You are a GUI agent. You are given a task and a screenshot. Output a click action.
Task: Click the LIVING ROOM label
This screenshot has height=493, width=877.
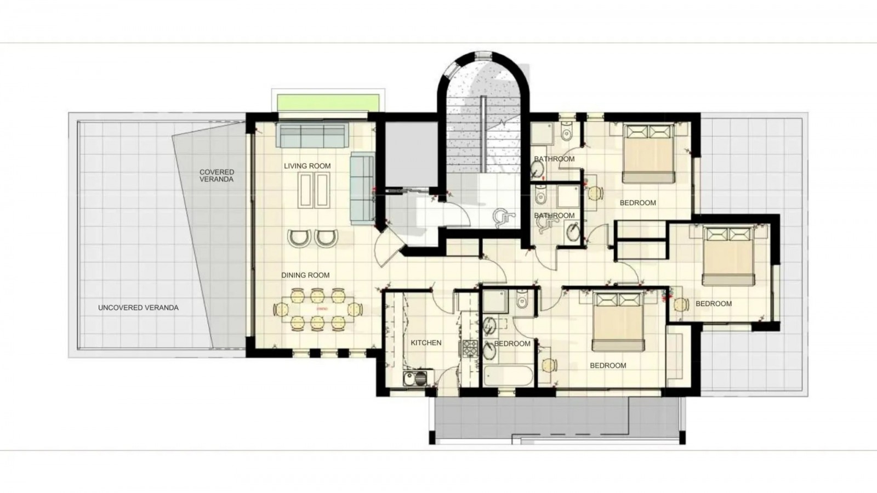point(307,166)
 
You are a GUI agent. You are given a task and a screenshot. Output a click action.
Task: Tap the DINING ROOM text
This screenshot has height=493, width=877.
point(305,275)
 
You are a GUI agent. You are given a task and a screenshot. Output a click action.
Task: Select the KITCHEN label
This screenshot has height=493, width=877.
point(426,343)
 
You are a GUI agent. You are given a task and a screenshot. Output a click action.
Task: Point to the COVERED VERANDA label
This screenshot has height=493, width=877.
point(217,175)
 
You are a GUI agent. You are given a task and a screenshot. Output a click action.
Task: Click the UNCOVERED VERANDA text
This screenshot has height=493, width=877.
point(138,308)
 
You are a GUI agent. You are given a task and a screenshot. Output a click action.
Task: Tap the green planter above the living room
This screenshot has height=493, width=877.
point(328,102)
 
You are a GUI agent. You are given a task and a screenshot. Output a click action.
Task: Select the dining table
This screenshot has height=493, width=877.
point(318,309)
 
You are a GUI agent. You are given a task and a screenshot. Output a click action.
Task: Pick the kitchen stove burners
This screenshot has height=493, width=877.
point(470,348)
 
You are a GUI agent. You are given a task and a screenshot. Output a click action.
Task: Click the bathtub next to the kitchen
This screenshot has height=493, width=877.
point(508,376)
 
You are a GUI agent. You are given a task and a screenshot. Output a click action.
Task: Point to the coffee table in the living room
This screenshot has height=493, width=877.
point(314,191)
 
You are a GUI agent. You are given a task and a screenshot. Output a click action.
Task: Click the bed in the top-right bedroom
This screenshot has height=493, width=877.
point(648,154)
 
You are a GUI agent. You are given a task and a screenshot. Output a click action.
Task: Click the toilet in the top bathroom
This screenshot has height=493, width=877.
point(566,131)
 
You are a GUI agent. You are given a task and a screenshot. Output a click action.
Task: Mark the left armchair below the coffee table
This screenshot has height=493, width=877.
point(299,238)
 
